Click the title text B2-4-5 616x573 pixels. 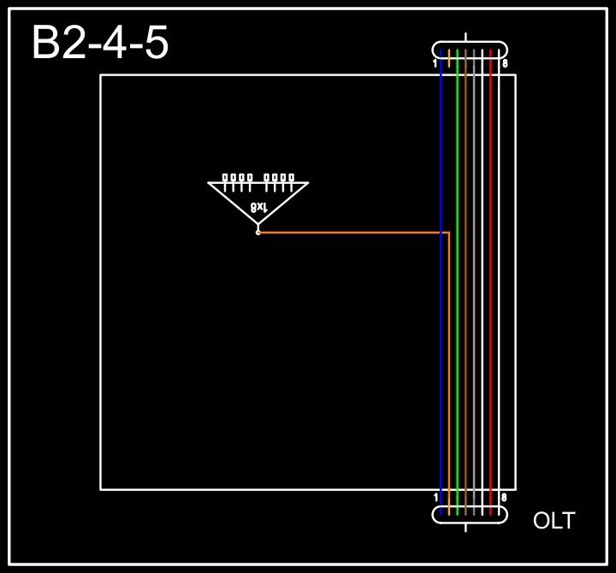[x=100, y=43]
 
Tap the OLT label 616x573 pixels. [x=554, y=520]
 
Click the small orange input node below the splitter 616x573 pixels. [x=258, y=232]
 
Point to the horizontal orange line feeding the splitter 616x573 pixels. [x=351, y=232]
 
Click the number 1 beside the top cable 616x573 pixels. [x=435, y=63]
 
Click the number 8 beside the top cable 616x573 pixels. [x=505, y=63]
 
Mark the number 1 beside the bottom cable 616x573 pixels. [x=435, y=497]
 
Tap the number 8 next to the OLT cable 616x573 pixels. [x=504, y=497]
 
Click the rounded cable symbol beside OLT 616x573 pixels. [x=470, y=514]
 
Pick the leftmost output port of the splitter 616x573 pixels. [x=225, y=178]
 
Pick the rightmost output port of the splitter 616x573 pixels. [x=292, y=178]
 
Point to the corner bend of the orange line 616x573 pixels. [x=449, y=232]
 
